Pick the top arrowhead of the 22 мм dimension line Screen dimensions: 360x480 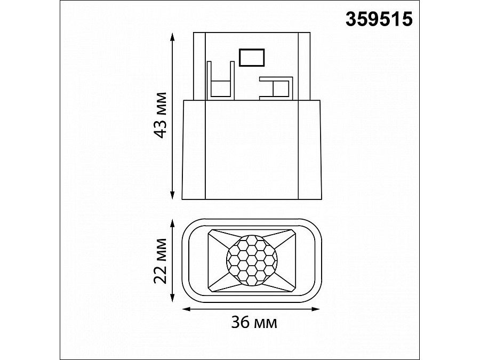click(172, 221)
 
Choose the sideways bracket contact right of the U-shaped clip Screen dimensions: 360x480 click(276, 88)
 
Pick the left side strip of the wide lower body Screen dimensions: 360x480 click(194, 149)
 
